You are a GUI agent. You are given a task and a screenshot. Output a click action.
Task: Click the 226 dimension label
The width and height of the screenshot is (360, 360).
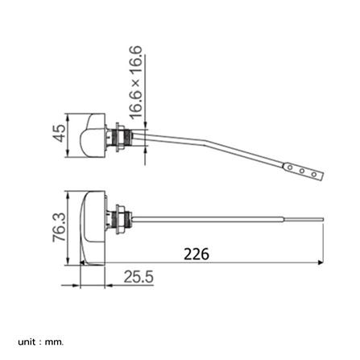[x=197, y=254]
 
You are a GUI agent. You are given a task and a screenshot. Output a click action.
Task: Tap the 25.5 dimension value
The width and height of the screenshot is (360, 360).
[x=139, y=277]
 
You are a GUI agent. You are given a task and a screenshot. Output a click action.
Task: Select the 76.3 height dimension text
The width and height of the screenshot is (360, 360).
[x=60, y=227]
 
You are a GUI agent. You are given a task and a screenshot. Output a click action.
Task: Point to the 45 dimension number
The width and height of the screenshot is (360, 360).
[x=59, y=133]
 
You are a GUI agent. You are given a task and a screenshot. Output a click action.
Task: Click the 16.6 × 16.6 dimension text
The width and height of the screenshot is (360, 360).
[x=136, y=82]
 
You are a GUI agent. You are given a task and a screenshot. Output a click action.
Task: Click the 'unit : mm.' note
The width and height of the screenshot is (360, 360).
[x=41, y=334]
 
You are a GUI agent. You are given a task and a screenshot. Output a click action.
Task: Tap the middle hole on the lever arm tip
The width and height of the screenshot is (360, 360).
[x=302, y=171]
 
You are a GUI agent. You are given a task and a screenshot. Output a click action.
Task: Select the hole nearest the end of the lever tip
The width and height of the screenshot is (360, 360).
[x=314, y=175]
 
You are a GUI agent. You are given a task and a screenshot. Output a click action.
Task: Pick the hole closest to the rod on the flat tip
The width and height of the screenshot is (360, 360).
[x=290, y=168]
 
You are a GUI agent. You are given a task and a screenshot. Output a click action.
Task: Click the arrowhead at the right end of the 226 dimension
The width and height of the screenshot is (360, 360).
[x=321, y=263]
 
